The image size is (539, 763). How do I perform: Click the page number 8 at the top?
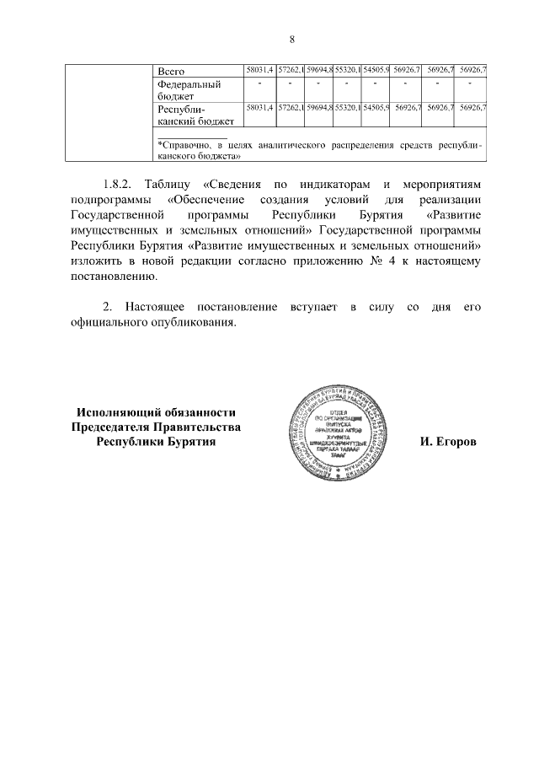[291, 40]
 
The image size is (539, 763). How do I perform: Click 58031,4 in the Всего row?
[259, 69]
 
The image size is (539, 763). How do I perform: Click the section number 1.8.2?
[120, 184]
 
